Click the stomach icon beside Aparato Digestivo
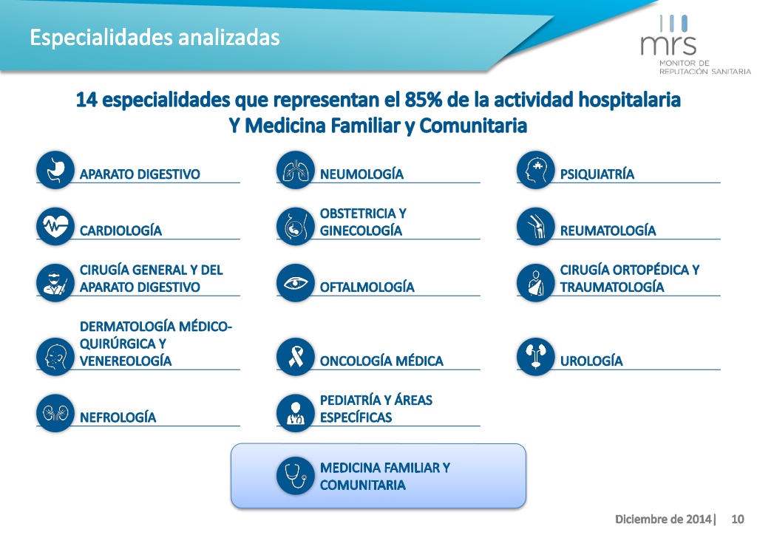[x=55, y=170]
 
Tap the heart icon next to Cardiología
[x=55, y=227]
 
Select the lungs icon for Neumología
[x=296, y=170]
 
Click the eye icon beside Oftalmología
[x=296, y=283]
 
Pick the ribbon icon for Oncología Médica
[x=296, y=357]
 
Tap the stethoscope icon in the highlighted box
[x=296, y=476]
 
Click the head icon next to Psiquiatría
[x=535, y=170]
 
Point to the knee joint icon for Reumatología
[x=535, y=227]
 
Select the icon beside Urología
[x=535, y=357]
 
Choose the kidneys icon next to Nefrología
[x=55, y=413]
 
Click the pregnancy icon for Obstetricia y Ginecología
[x=296, y=227]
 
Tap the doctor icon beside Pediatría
[x=296, y=413]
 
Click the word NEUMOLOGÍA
[x=361, y=174]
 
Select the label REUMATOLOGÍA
[x=608, y=230]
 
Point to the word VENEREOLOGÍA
[x=126, y=361]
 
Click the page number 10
[x=737, y=519]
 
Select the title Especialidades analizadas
[x=155, y=38]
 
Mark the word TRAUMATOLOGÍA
[x=611, y=287]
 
